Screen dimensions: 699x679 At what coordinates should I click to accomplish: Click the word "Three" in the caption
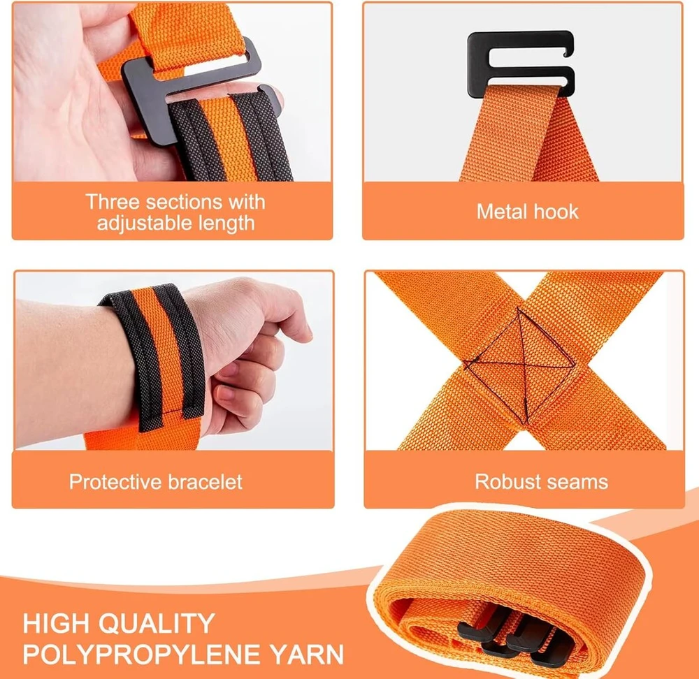[x=113, y=202]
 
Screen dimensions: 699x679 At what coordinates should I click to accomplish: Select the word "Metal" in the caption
[x=501, y=212]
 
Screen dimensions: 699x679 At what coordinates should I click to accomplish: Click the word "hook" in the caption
[x=556, y=212]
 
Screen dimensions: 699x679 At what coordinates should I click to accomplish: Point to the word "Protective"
[x=115, y=481]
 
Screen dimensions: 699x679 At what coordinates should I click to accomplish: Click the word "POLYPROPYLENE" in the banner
[x=142, y=655]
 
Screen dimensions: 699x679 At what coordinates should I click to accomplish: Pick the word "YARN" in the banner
[x=307, y=655]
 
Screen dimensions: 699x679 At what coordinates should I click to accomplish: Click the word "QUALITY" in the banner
[x=157, y=623]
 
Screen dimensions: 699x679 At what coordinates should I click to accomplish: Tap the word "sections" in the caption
[x=184, y=202]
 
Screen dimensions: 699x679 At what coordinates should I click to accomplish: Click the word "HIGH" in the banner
[x=56, y=623]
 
